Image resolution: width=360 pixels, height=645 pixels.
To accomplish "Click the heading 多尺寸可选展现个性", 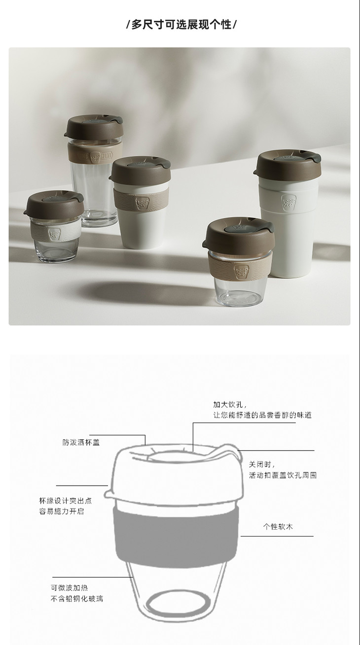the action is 181,25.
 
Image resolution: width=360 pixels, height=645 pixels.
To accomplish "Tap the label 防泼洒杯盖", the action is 81,442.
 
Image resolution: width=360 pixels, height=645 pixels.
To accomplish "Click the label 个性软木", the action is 278,527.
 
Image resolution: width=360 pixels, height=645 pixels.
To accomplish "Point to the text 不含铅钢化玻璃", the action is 77,599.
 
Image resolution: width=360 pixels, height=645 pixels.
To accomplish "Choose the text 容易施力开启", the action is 62,511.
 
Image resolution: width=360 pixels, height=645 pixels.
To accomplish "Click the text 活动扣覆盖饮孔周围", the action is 283,475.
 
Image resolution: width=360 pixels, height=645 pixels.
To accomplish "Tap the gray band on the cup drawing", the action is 176,536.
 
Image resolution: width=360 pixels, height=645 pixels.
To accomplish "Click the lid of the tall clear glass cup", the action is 94,127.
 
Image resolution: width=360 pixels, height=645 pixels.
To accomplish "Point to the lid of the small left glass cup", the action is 54,203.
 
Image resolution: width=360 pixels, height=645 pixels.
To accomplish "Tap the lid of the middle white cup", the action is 140,170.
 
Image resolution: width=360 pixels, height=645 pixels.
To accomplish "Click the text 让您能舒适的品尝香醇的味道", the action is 262,415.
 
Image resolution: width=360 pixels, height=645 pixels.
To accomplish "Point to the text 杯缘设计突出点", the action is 66,501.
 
